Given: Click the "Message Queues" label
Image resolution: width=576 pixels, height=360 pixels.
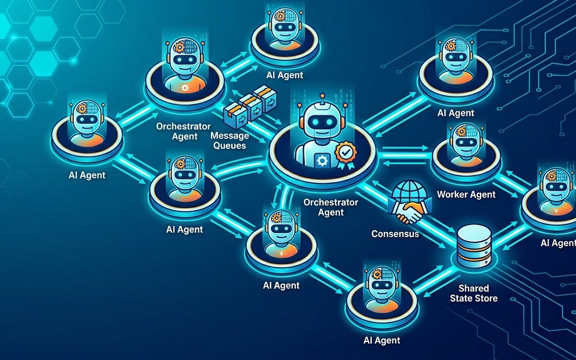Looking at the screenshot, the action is click(x=230, y=141).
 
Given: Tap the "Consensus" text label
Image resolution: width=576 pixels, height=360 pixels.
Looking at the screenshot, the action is click(x=395, y=234).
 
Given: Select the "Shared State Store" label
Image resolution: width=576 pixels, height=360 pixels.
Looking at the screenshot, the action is click(x=474, y=293).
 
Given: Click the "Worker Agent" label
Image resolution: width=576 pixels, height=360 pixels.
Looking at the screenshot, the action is click(x=466, y=195).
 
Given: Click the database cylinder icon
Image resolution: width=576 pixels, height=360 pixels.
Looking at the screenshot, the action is click(x=474, y=246).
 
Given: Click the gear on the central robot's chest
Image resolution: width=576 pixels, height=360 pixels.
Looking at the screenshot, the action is click(x=322, y=161).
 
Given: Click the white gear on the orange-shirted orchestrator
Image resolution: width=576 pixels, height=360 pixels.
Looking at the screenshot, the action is click(x=185, y=88).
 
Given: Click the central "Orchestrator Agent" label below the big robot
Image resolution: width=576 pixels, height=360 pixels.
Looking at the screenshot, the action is click(x=331, y=207).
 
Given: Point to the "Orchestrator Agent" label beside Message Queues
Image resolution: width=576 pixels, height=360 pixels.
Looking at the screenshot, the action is click(x=184, y=131).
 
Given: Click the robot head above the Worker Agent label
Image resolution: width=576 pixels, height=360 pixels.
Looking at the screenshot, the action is click(x=466, y=141).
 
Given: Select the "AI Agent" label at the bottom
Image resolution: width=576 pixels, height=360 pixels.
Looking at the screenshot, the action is click(x=382, y=340).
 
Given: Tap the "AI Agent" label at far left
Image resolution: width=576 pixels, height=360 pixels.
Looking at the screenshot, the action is click(x=87, y=175).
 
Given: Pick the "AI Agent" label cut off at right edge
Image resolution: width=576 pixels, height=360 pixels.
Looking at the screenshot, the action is click(x=558, y=243).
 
